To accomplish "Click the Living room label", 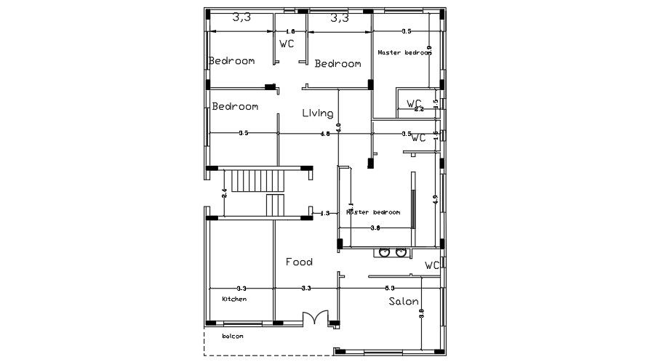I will pos(318,113).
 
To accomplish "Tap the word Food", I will pos(299,262).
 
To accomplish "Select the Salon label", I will pos(403,301).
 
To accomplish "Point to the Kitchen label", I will pos(234,299).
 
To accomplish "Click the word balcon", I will pos(233,336).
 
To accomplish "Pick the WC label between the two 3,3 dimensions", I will pos(287,44).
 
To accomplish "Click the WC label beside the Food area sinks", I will pos(432,265).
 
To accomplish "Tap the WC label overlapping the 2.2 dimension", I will pos(414,103).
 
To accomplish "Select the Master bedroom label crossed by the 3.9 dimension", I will pos(404,52).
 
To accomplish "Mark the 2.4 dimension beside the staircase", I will pos(224,193).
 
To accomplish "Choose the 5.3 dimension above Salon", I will pos(390,289).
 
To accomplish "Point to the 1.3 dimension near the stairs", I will pos(324,213).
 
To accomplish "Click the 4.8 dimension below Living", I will pos(325,134).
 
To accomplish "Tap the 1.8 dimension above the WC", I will pos(290,32).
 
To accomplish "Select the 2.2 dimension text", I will pos(418,109).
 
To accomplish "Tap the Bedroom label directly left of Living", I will pos(235,106).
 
